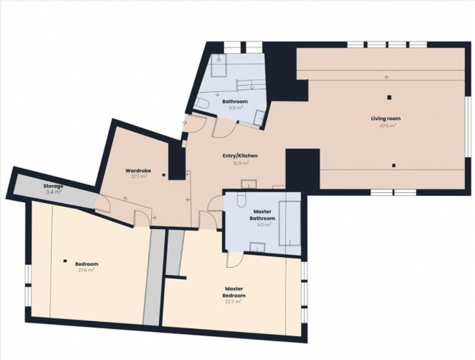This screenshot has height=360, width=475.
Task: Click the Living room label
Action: [386, 119]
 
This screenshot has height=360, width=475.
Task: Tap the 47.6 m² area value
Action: [388, 125]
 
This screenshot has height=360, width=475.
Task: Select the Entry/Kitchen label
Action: [240, 156]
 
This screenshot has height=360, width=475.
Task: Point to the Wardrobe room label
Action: [138, 171]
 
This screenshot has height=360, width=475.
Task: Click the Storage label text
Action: [53, 186]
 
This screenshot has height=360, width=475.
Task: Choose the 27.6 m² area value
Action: [86, 270]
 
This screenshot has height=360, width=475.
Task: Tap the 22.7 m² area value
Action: [234, 302]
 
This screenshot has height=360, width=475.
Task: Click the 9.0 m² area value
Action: [263, 225]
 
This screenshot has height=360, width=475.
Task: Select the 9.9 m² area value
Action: [235, 108]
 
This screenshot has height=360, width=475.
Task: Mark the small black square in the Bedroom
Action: [65, 261]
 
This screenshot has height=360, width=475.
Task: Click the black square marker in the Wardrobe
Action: [163, 175]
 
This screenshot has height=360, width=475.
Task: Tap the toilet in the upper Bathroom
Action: [202, 104]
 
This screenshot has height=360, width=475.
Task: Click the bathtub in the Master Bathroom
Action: [289, 223]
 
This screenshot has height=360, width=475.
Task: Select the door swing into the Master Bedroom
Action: [235, 261]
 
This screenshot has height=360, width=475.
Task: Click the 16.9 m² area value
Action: [240, 163]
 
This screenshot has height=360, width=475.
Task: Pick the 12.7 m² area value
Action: [138, 176]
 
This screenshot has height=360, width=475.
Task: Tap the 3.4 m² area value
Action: [54, 192]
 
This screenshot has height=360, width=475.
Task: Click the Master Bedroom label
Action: [234, 292]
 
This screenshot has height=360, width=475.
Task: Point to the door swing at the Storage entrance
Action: [103, 204]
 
